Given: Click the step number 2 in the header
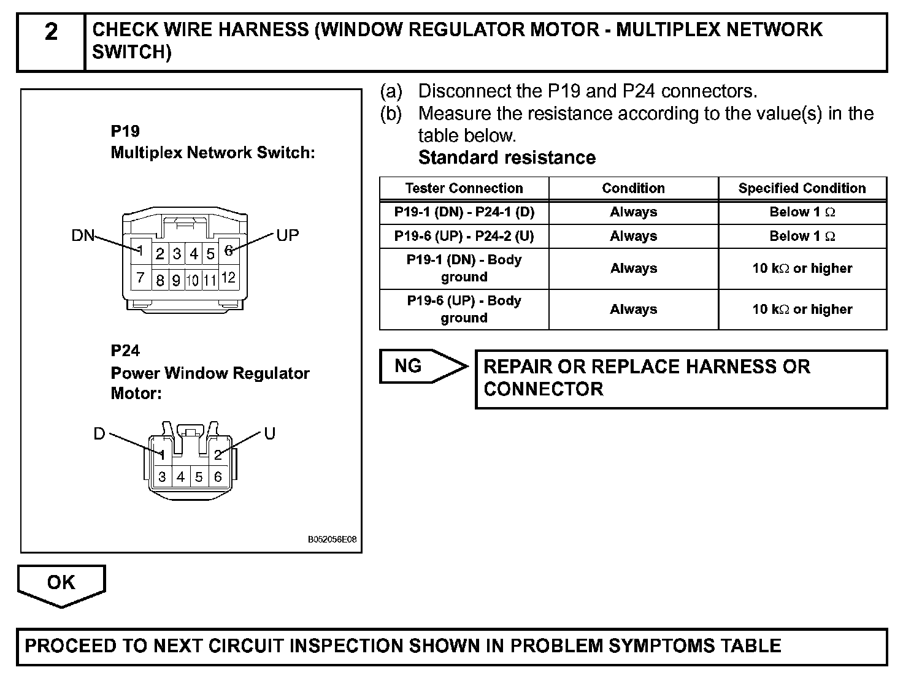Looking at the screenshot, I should [51, 31].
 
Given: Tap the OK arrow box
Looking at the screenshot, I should [61, 582].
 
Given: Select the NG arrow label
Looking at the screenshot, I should [409, 366].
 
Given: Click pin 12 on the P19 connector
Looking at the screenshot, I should [228, 278].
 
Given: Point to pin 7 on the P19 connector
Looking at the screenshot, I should [140, 278].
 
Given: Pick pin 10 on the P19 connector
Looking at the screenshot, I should [193, 280].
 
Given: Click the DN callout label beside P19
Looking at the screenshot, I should [83, 235].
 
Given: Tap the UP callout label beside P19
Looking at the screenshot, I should [288, 235].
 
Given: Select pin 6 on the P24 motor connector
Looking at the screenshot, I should [218, 477].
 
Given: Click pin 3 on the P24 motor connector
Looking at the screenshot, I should [162, 477].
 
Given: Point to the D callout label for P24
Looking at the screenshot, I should [99, 434].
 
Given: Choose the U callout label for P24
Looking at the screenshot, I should [270, 434].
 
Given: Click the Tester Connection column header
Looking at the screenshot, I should [464, 188].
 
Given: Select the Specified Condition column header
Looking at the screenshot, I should [802, 188].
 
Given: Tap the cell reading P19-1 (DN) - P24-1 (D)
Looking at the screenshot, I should [464, 212].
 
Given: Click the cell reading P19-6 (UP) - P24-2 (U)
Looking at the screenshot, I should [464, 236].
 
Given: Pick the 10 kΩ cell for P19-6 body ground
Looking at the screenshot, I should [802, 310].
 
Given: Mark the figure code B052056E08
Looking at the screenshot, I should [332, 540].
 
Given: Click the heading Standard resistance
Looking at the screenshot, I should [507, 158].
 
